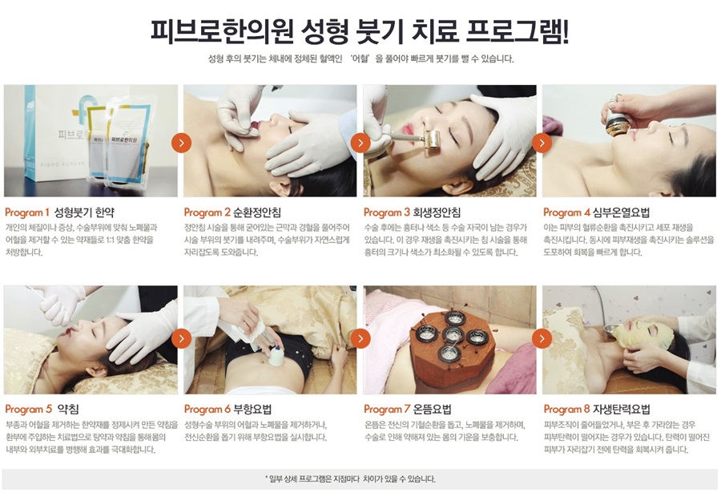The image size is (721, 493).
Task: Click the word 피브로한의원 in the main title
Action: [222, 30]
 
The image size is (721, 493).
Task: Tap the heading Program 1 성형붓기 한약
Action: [60, 212]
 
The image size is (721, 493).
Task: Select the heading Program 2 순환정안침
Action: [232, 212]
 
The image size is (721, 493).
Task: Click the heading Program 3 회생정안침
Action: [412, 212]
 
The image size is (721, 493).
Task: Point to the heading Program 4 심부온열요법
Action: [597, 212]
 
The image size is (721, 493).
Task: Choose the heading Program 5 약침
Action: [42, 409]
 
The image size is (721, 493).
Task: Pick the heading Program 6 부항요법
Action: [228, 409]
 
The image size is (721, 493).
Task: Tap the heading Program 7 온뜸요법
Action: [408, 409]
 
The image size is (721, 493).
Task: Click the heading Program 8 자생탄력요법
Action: [597, 409]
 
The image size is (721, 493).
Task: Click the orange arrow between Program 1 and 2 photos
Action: [181, 143]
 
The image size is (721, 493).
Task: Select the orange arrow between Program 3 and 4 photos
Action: [542, 143]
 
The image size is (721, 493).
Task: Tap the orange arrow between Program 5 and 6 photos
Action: [181, 339]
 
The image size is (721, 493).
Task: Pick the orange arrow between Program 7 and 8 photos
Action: [542, 339]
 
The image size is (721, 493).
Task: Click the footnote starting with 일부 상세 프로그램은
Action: [350, 479]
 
